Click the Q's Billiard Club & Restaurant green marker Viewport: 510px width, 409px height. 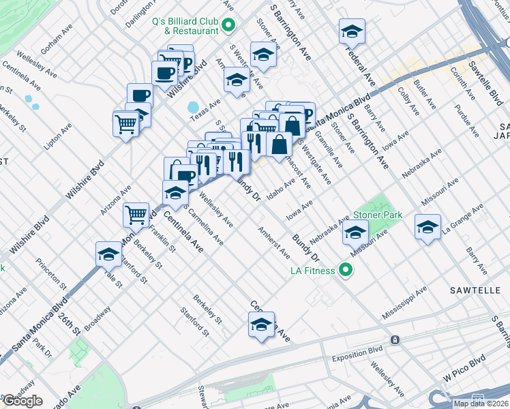pos(229,26)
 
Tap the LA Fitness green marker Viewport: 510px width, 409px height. pos(346,271)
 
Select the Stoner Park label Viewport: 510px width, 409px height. pos(377,215)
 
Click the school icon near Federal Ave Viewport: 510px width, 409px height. pos(352,31)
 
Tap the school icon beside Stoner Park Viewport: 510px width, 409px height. pos(355,233)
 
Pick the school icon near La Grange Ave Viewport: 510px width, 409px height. pos(427,227)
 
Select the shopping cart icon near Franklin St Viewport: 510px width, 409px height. pos(136,215)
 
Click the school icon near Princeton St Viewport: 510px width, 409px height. pos(108,254)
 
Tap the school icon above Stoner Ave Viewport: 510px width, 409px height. pos(262,55)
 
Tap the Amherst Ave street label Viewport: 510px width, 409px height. pos(273,243)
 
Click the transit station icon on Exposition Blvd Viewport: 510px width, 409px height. pos(394,339)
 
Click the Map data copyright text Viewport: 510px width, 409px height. pos(481,403)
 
